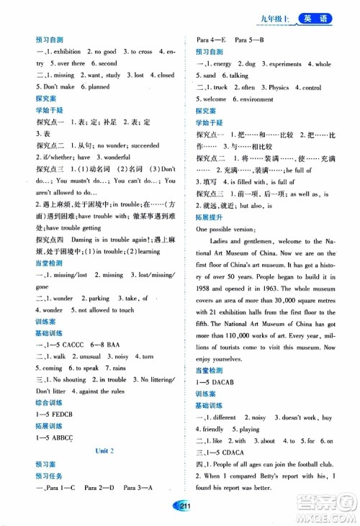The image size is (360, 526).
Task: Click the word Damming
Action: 84,239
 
